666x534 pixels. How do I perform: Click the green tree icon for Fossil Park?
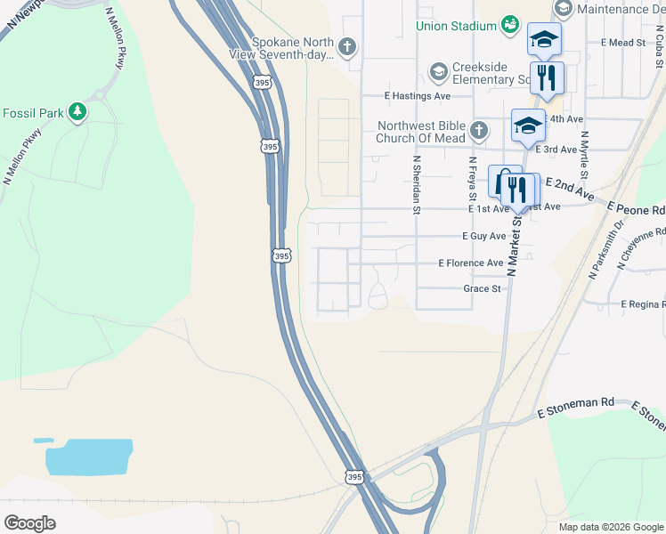79,112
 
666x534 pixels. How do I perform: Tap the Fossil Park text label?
33,113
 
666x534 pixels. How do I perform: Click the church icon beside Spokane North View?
347,45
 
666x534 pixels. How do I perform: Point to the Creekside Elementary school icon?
437,70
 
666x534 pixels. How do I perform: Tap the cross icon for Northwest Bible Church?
478,131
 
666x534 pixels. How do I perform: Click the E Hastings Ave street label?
417,95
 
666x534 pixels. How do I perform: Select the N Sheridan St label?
416,186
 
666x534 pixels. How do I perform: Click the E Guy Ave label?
483,236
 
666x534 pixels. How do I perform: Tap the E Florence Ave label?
471,263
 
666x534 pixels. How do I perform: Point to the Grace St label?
482,288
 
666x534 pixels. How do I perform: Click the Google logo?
29,523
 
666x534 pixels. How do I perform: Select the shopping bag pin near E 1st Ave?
502,182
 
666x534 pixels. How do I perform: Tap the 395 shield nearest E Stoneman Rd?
355,478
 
